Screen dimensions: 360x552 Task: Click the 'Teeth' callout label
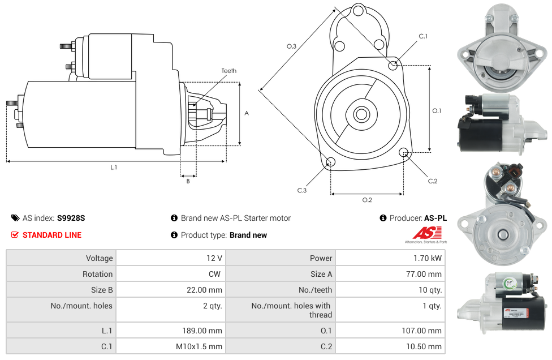[x=228, y=71]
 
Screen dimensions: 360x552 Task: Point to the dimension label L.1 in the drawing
[x=114, y=167]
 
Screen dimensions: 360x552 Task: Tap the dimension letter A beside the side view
[x=246, y=113]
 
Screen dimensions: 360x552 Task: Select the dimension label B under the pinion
[x=188, y=181]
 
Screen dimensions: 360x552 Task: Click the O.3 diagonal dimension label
[x=291, y=46]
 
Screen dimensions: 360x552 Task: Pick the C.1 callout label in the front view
[x=422, y=36]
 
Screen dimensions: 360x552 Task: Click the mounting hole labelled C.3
[x=331, y=163]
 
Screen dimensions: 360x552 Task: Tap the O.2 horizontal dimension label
[x=366, y=200]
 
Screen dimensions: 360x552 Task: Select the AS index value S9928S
[x=71, y=218]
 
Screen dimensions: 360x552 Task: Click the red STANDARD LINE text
[x=52, y=235]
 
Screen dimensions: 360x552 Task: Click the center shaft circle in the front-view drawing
[x=361, y=114]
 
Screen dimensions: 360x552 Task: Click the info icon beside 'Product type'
[x=174, y=235]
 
